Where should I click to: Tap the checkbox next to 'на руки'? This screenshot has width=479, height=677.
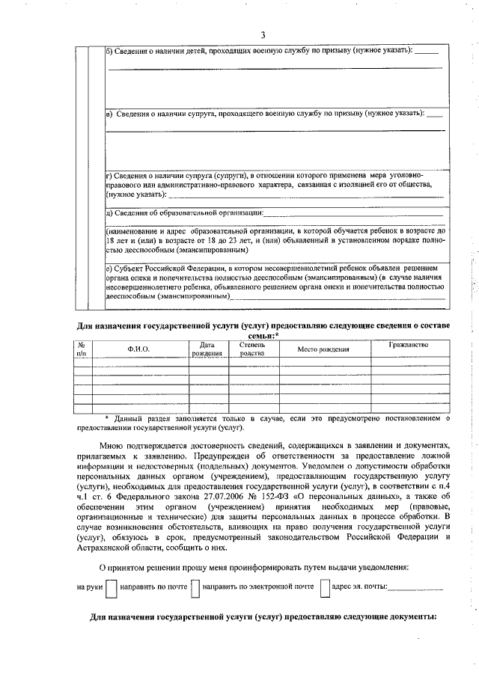[111, 589]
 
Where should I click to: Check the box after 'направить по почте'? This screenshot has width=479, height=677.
[195, 589]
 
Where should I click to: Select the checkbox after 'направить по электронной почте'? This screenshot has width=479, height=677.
[325, 589]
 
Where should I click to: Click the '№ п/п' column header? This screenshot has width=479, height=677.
[82, 349]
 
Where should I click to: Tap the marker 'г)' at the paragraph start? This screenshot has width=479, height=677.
[108, 174]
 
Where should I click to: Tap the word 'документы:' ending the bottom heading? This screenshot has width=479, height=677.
[407, 620]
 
